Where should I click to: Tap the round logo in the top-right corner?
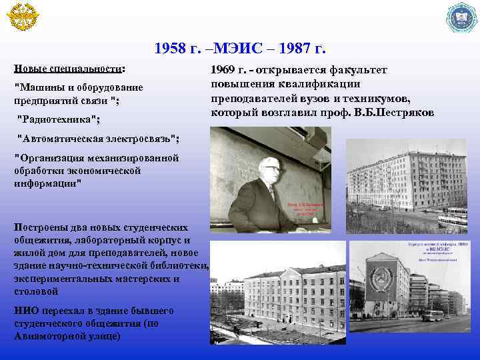(462, 18)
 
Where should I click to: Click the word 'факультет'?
(363, 70)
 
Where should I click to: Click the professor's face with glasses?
(269, 169)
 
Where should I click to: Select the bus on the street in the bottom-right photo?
(432, 315)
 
